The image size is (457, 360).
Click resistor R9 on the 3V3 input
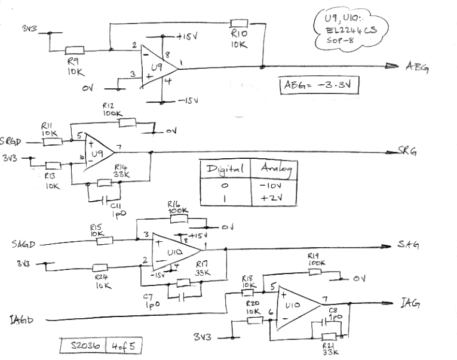[x=75, y=50]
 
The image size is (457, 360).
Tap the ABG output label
[x=416, y=67]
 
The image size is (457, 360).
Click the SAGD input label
[x=24, y=244]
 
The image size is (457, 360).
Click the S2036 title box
[x=84, y=346]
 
